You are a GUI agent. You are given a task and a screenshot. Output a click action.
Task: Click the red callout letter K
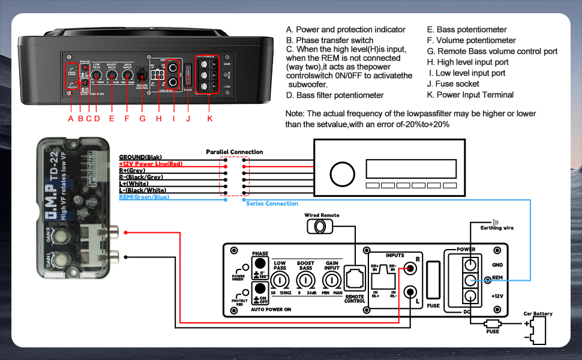point(209,119)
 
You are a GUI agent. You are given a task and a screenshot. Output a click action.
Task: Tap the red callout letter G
point(142,119)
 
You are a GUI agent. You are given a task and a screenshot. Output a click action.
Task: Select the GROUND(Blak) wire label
point(143,157)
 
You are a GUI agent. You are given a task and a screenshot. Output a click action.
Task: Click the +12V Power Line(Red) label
point(151,164)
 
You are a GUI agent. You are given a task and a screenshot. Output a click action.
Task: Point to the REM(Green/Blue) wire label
point(144,197)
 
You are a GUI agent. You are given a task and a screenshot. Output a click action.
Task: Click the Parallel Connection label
point(234,152)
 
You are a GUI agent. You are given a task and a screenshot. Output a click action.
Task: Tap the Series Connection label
point(272,204)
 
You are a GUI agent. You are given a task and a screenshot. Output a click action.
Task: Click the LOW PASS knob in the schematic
point(279,280)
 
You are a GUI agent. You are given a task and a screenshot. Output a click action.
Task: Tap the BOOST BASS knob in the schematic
point(305,280)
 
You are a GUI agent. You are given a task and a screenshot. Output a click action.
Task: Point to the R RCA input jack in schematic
point(411,269)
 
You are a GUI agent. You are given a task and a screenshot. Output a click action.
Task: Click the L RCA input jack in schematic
point(411,293)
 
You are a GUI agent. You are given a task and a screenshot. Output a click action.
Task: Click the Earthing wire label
point(497,228)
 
